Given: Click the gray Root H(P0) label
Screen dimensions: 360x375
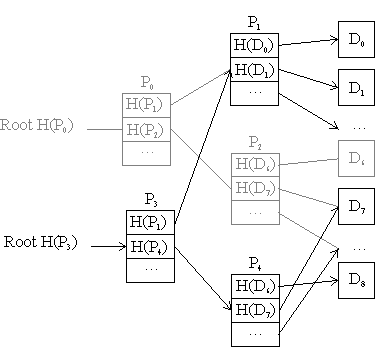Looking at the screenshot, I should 42,127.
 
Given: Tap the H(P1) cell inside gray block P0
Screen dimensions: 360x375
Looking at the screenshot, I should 146,104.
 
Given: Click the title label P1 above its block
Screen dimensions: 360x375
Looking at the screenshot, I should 254,22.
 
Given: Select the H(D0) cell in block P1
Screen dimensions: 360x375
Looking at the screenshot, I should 254,45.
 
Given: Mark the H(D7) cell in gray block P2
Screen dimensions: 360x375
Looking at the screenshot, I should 254,188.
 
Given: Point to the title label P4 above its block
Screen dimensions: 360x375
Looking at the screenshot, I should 254,264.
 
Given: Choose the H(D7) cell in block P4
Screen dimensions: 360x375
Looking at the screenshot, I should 254,309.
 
